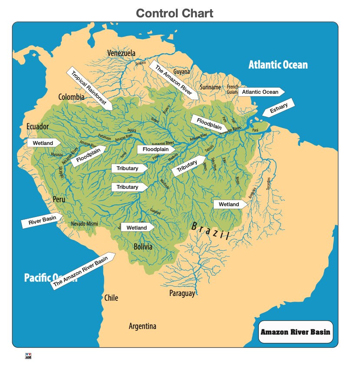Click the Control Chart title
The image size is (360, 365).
(x=175, y=13)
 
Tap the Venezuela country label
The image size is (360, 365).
(x=121, y=53)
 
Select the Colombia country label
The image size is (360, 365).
(x=71, y=97)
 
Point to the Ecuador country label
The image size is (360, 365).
(x=37, y=126)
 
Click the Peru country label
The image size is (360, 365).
(x=59, y=200)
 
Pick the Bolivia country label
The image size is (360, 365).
(x=143, y=247)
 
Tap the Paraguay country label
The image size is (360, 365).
(x=182, y=294)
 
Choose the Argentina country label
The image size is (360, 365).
(x=142, y=326)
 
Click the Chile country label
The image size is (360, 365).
(x=111, y=298)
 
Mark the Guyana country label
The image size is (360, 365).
(x=182, y=71)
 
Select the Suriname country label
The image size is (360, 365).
(x=211, y=87)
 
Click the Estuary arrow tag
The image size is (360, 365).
(x=278, y=108)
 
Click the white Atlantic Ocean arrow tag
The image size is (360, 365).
(x=261, y=92)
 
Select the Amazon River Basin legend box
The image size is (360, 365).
(x=295, y=332)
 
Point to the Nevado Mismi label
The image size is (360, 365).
(x=84, y=224)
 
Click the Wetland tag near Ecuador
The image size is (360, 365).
(x=43, y=143)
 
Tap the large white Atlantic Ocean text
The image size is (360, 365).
(x=278, y=65)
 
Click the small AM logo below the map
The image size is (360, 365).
(x=29, y=356)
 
